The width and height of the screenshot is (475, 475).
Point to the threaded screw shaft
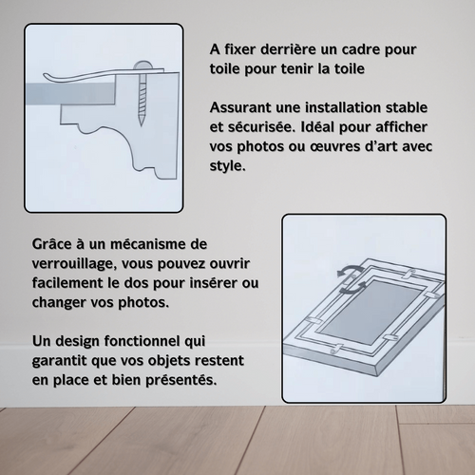point(141,100)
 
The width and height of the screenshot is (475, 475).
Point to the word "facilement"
point(71,282)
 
